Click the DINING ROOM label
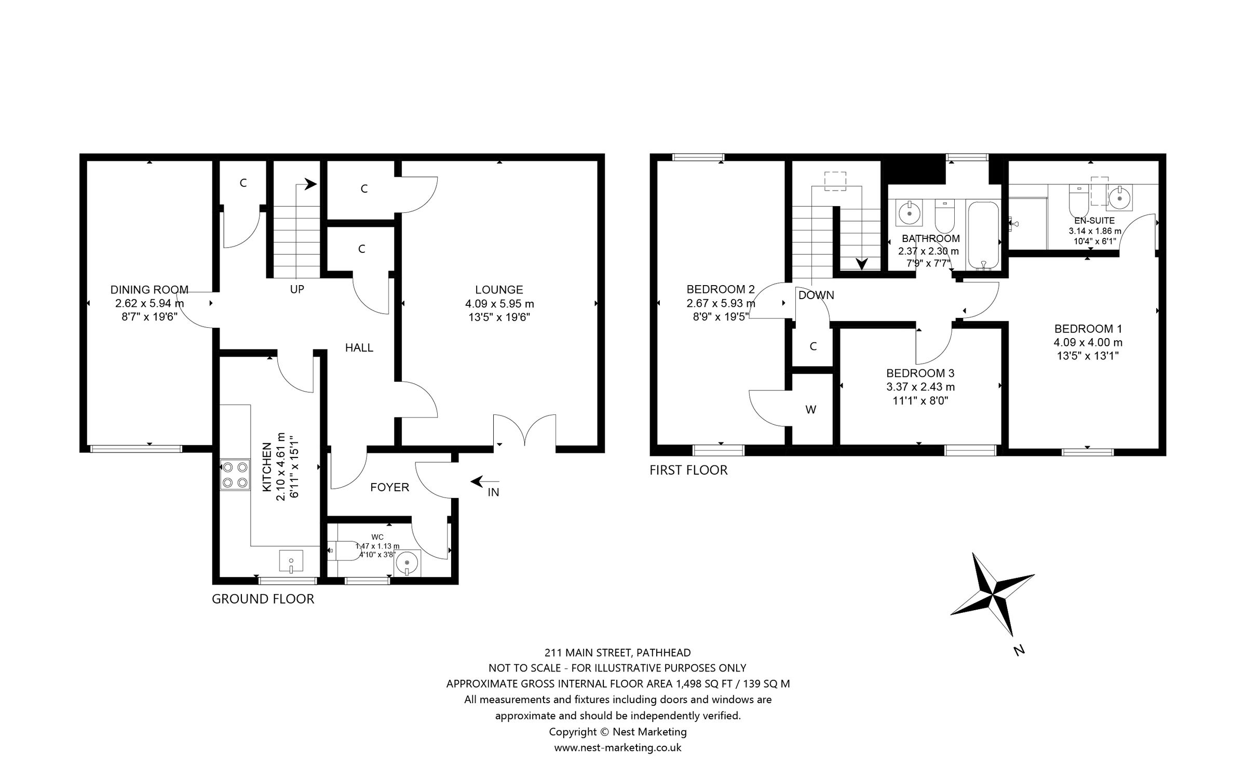pyautogui.click(x=149, y=290)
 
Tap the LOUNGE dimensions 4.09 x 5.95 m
pyautogui.click(x=499, y=304)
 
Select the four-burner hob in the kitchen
pyautogui.click(x=234, y=475)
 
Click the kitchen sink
pyautogui.click(x=291, y=561)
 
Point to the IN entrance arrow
pyautogui.click(x=484, y=482)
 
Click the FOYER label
pyautogui.click(x=389, y=487)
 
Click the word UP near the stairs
pyautogui.click(x=297, y=289)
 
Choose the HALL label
pyautogui.click(x=359, y=348)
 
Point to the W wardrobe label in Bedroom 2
pyautogui.click(x=811, y=410)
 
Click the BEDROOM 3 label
pyautogui.click(x=920, y=373)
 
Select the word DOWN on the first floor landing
pyautogui.click(x=816, y=296)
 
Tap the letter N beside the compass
pyautogui.click(x=1019, y=650)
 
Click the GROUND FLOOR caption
pyautogui.click(x=263, y=599)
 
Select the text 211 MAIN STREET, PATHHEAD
pyautogui.click(x=617, y=652)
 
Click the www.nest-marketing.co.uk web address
pyautogui.click(x=617, y=748)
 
